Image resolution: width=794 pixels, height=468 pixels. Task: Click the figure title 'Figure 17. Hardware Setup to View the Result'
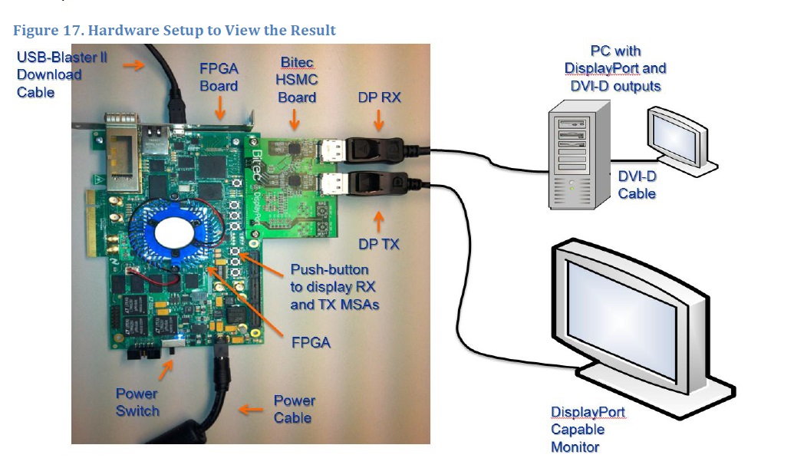click(x=175, y=31)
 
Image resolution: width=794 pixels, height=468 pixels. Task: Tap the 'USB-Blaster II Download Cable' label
click(x=49, y=75)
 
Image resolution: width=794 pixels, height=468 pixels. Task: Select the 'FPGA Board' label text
click(x=219, y=77)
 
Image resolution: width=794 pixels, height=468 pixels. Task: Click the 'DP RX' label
click(x=378, y=97)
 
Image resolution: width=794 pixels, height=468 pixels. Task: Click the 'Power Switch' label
click(x=137, y=402)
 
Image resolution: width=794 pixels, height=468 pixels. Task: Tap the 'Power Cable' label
click(x=294, y=409)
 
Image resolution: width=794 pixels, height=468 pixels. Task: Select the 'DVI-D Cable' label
click(x=637, y=185)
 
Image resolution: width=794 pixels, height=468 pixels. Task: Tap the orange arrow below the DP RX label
click(x=377, y=120)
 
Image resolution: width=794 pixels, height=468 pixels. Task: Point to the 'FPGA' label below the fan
click(x=311, y=342)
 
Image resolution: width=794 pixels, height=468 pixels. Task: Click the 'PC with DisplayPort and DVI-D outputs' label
click(x=615, y=68)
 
